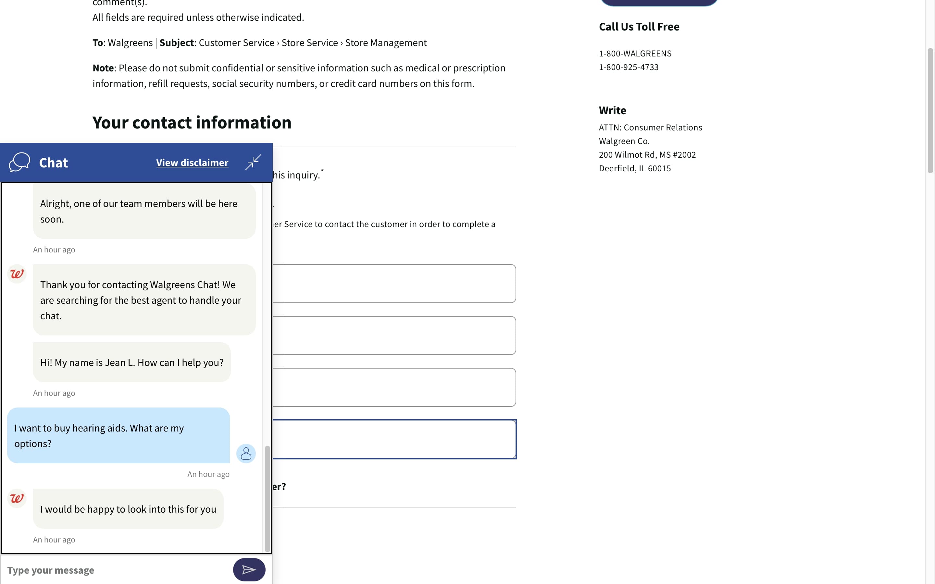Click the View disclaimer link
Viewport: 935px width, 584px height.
[x=192, y=163]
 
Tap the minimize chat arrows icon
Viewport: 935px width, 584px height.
[x=253, y=162]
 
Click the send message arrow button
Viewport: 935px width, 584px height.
[x=249, y=569]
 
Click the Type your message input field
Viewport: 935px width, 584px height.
[x=116, y=570]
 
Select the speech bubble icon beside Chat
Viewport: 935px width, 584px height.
[x=19, y=162]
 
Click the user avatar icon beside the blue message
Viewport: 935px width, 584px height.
[x=246, y=454]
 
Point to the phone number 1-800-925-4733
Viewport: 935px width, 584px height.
[x=629, y=67]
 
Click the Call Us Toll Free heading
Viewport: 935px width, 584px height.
[x=639, y=27]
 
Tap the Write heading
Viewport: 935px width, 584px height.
[x=612, y=110]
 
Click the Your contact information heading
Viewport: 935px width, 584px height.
[x=192, y=122]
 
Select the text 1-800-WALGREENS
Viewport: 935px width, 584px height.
[x=635, y=54]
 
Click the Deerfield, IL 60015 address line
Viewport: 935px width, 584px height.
[x=635, y=168]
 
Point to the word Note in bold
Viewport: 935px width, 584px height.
[x=103, y=68]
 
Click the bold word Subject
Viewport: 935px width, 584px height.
[x=177, y=43]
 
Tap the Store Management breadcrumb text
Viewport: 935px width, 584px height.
[x=386, y=43]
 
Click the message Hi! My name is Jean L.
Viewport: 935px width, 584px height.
[x=132, y=362]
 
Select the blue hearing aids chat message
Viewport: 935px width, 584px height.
[x=118, y=435]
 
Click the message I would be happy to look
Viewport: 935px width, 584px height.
[x=128, y=509]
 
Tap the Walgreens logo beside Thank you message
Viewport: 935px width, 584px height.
[x=17, y=274]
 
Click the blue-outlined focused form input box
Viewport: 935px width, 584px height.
[x=394, y=439]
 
